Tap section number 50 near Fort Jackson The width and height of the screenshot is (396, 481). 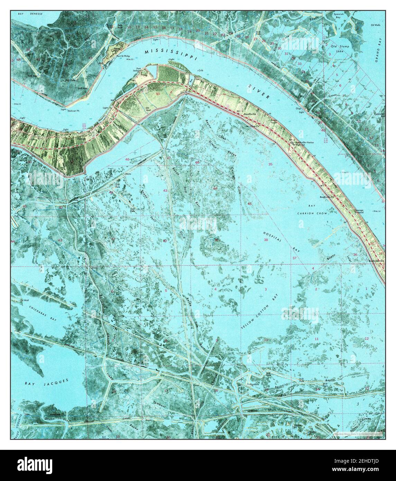click(x=158, y=94)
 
